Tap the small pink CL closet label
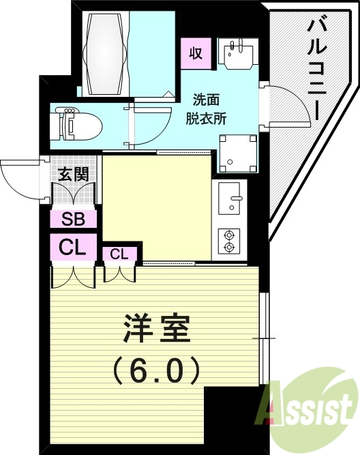(119, 254)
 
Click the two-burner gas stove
(230, 239)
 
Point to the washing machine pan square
(238, 153)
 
